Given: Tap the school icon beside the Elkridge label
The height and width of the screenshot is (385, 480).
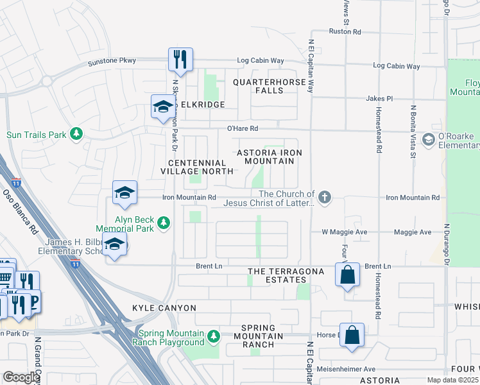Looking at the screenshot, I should click(162, 106).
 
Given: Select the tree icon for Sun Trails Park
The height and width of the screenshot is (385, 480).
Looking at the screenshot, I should click(77, 133).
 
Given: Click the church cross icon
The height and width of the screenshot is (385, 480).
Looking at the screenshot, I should click(325, 196).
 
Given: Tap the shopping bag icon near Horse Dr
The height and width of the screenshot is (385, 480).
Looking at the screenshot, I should click(352, 335).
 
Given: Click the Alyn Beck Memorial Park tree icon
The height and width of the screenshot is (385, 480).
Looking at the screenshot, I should click(164, 222).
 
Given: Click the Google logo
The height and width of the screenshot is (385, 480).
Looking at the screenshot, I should click(21, 377).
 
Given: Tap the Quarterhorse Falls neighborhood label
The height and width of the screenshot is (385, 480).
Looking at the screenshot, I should click(268, 86).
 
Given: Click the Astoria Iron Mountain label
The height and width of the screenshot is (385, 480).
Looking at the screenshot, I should click(269, 157).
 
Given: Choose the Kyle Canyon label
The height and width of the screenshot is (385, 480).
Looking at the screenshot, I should click(164, 308).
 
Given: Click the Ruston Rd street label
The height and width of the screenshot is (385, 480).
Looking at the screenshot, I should click(345, 31).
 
